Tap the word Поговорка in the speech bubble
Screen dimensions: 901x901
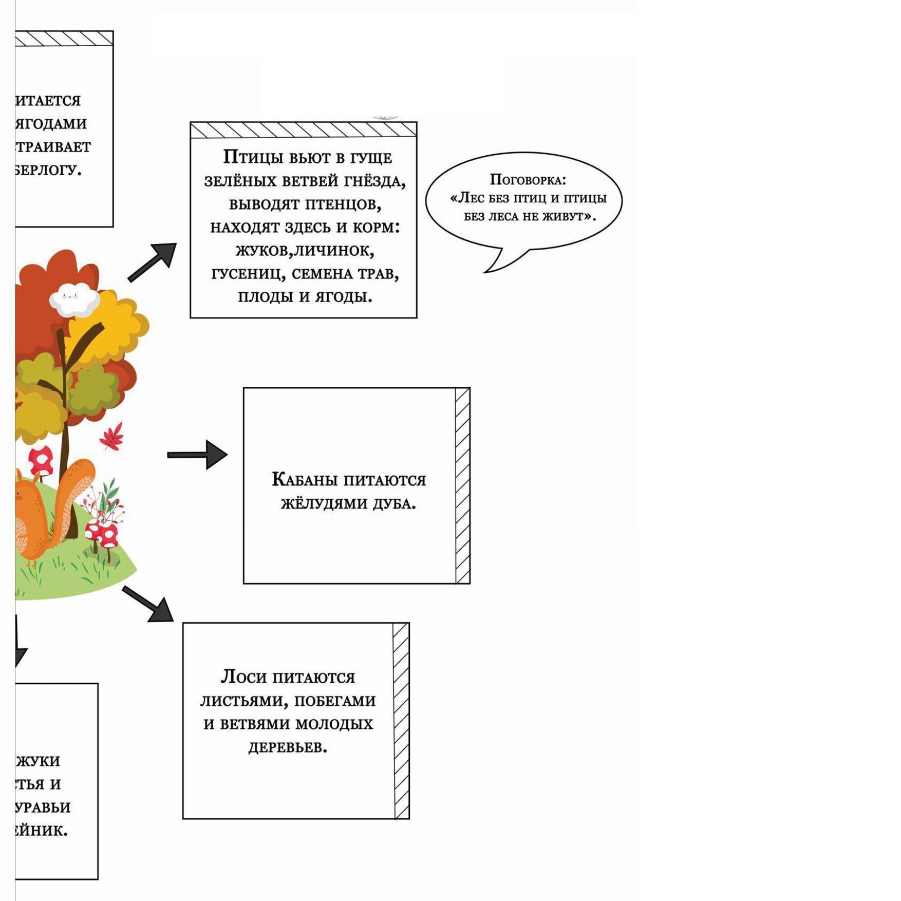(527, 180)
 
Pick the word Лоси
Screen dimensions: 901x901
(243, 677)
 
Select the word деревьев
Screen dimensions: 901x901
(288, 747)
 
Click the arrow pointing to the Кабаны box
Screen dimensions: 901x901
(198, 455)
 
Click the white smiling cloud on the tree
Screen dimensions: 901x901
(74, 299)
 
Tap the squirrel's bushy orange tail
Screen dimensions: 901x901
(77, 493)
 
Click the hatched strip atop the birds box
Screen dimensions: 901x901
(303, 130)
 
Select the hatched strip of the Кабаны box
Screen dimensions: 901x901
(462, 485)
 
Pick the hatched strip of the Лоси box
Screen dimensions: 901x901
(401, 721)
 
